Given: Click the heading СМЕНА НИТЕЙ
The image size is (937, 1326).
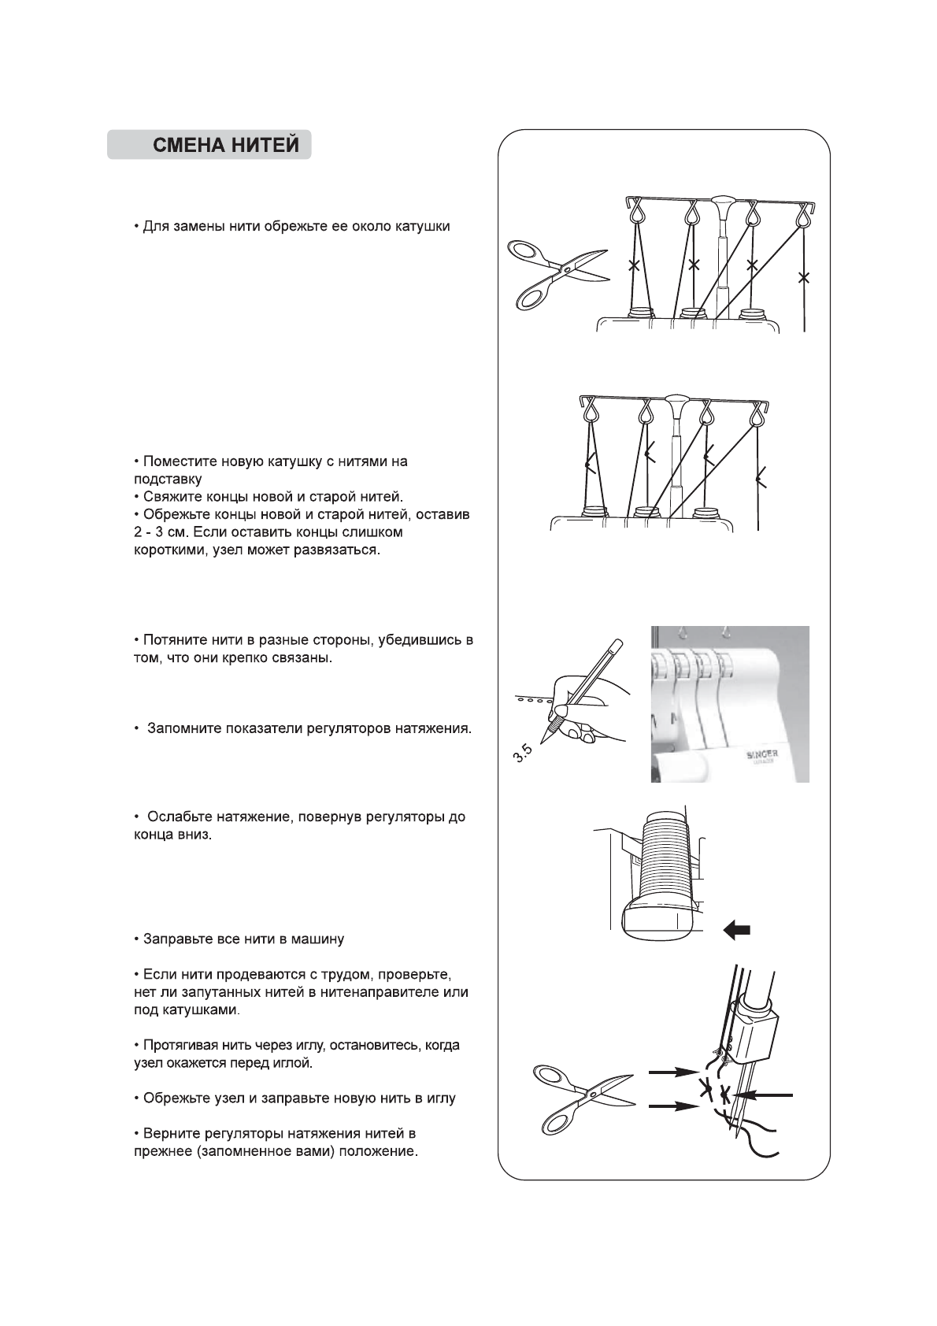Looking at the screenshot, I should tap(225, 146).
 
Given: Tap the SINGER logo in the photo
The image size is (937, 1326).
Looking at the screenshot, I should tap(761, 754).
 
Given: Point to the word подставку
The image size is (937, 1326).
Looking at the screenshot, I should tap(168, 479).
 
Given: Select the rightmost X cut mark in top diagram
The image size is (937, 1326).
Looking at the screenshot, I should tap(803, 277).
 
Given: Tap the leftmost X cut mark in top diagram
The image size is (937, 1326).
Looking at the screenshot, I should tap(632, 266).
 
